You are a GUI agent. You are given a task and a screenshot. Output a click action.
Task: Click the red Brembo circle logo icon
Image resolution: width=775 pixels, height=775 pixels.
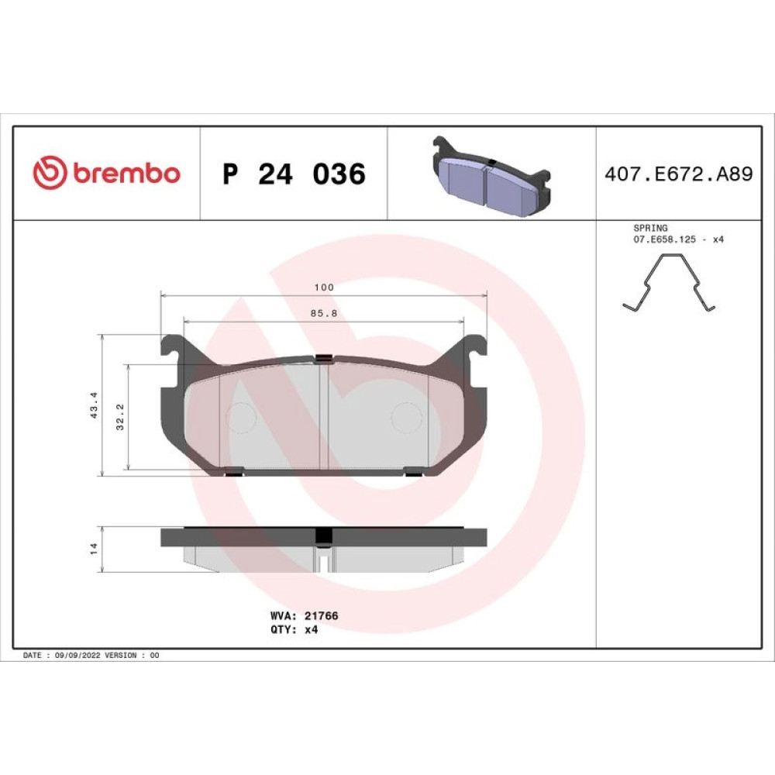[x=50, y=173]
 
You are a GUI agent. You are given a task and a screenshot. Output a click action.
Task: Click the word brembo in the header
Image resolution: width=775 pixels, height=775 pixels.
[x=126, y=173]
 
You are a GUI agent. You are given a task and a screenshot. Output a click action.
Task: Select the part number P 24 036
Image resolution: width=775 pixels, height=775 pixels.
[x=294, y=174]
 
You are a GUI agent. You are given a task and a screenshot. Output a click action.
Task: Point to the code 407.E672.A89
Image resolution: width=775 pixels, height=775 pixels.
[x=679, y=174]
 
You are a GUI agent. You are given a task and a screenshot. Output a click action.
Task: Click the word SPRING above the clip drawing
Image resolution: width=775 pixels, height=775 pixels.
[x=650, y=228]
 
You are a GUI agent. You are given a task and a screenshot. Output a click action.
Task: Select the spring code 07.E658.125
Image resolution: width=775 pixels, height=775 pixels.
[x=665, y=239]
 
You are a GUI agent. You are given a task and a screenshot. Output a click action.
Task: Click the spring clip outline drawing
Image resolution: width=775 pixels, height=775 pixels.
[x=668, y=283]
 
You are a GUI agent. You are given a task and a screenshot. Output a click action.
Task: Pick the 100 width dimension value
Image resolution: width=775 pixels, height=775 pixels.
[x=324, y=288]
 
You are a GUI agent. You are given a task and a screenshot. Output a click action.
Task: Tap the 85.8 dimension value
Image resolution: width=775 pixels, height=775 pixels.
[x=324, y=313]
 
